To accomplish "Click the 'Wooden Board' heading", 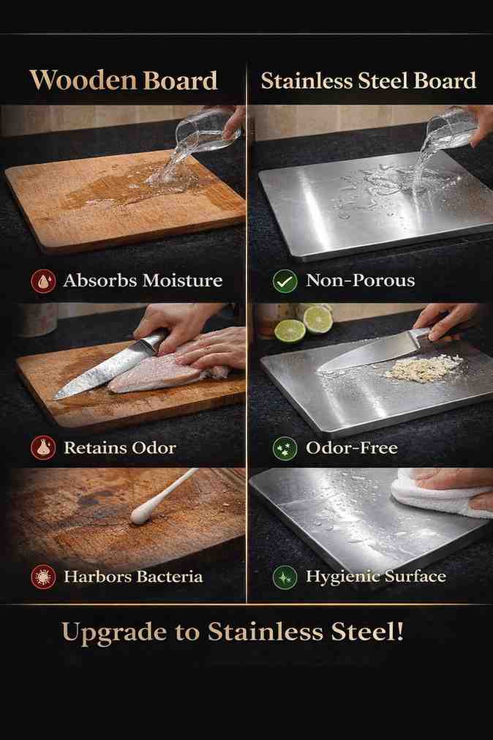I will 124,81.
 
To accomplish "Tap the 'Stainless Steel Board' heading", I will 369,81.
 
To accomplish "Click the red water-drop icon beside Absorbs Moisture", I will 43,281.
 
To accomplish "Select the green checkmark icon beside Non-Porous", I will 285,281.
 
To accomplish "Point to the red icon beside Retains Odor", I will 43,448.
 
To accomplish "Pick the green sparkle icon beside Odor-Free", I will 285,448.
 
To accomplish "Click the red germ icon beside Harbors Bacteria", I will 43,577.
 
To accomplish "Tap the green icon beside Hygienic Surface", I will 285,577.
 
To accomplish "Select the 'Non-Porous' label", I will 361,280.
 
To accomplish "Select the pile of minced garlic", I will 423,367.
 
